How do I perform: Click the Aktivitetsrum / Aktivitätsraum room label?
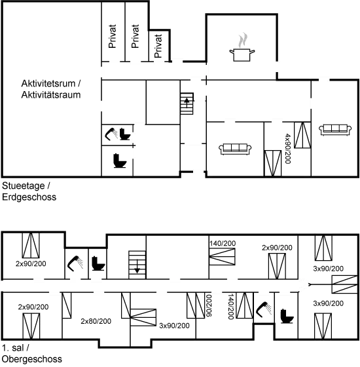pos(51,90)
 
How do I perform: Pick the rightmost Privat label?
pos(158,45)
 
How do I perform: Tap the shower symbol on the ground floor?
pos(118,134)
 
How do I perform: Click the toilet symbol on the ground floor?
pos(119,159)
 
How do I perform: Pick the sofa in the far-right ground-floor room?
pos(333,129)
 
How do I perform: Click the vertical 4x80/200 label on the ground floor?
pos(289,151)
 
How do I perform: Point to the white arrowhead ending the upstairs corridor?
pos(302,284)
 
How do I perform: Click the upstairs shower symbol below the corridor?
pos(264,309)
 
